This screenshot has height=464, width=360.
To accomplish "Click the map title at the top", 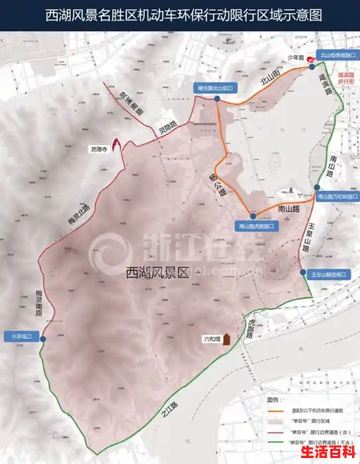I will coord(179,15).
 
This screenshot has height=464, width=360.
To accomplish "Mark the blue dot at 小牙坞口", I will coord(43,339).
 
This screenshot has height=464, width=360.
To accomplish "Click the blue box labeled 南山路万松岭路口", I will coord(337,196).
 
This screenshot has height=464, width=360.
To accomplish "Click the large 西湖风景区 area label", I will coord(157,271).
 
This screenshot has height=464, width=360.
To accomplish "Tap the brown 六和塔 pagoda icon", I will coord(226,339).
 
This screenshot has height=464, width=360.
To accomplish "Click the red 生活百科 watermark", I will coord(328,452).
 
